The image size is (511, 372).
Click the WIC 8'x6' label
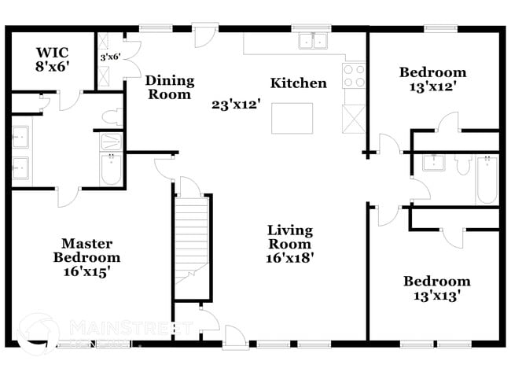pos(53,60)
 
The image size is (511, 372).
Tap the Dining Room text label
pos(169,87)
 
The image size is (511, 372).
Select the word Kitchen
pos(298,83)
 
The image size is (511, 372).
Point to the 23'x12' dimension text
pos(235,103)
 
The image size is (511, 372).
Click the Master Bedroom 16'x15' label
pos(86,257)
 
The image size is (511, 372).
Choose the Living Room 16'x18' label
pos(290,243)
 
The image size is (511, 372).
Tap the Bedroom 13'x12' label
pos(432,79)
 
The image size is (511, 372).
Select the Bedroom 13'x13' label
pos(436,288)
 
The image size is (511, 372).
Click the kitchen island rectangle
pos(292,118)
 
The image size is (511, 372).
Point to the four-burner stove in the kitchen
pos(354,76)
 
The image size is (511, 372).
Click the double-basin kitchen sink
pos(312,41)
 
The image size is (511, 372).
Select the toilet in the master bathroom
pos(112,117)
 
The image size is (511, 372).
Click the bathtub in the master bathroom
pos(112,168)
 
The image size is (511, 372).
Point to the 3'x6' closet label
pos(108,57)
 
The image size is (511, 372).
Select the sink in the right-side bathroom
pos(433,163)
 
